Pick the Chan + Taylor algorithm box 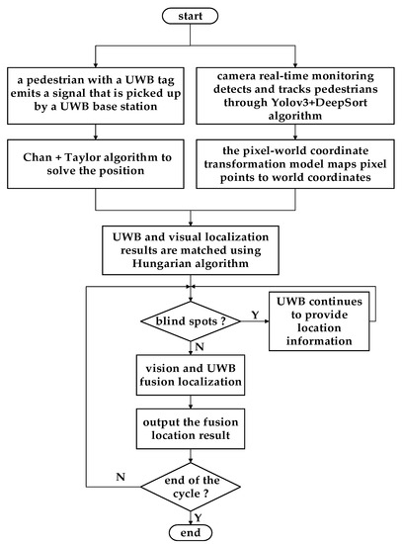pos(95,161)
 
